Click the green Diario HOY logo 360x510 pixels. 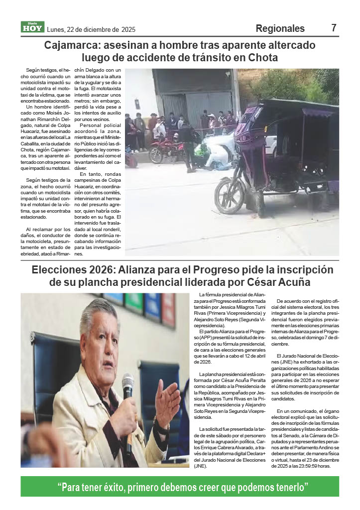point(32,27)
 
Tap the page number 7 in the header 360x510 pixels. point(334,28)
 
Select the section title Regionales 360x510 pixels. point(280,28)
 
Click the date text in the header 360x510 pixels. point(91,29)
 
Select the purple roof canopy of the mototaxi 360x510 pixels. point(299,107)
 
